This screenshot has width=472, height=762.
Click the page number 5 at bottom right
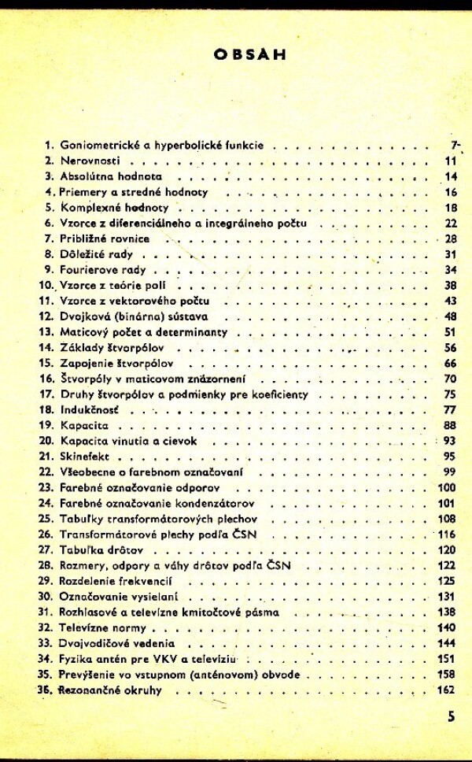tap(451, 716)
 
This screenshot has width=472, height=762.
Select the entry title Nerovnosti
tap(87, 161)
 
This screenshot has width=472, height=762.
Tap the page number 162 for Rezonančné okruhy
tap(446, 690)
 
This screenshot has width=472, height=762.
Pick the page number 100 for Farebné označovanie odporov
tap(446, 488)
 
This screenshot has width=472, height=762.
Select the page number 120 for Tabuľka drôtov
tap(446, 550)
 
